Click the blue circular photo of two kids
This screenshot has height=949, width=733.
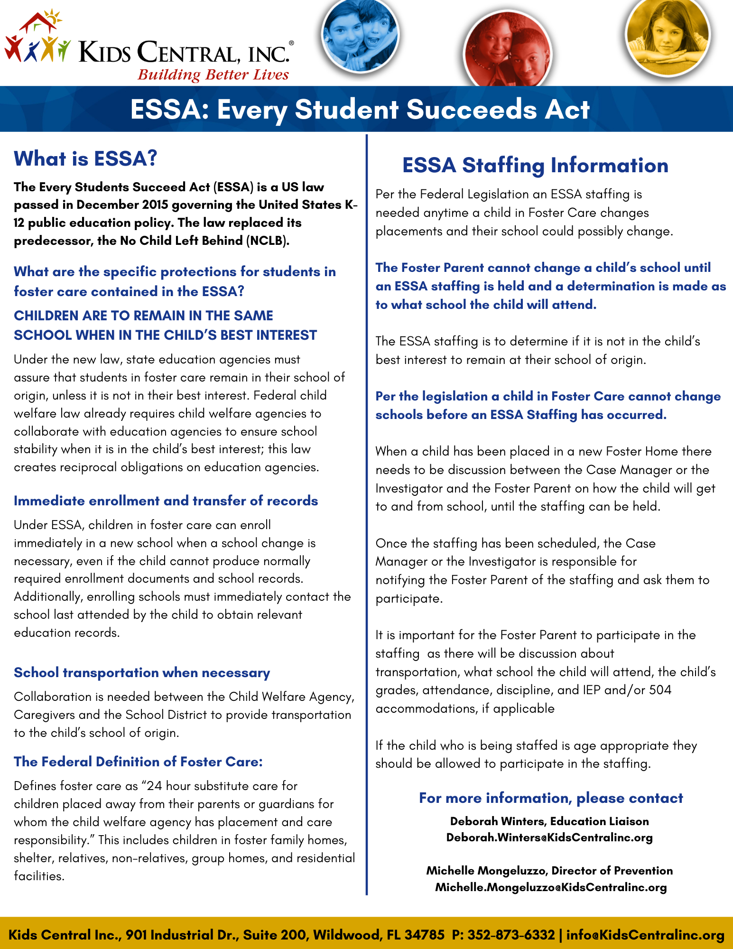(x=360, y=36)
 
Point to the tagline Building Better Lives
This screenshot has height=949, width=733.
(x=213, y=75)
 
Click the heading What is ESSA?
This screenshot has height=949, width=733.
(x=85, y=158)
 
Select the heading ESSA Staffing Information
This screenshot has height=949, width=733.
(x=535, y=165)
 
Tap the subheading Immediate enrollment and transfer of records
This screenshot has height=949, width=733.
(x=166, y=501)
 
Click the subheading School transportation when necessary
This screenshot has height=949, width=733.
(x=142, y=672)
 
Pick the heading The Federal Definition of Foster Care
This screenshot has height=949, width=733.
(x=138, y=762)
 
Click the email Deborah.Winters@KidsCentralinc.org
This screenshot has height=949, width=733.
(x=549, y=837)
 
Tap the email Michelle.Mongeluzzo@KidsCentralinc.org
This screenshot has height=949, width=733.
(x=551, y=887)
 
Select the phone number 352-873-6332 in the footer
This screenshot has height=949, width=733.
(x=511, y=935)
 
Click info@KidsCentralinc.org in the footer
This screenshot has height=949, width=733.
(x=645, y=935)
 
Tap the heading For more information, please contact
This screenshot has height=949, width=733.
(x=551, y=798)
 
